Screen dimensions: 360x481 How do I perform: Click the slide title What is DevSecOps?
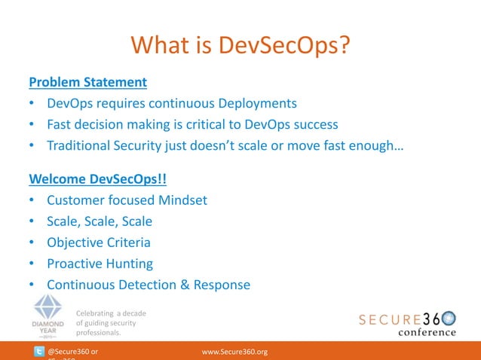(x=240, y=45)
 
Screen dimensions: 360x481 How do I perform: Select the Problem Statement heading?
(x=87, y=81)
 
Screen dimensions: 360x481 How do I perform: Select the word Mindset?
(x=181, y=201)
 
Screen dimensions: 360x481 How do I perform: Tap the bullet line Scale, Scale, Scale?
(x=100, y=222)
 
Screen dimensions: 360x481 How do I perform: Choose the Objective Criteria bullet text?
(x=98, y=243)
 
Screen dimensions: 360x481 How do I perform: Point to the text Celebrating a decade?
(x=111, y=313)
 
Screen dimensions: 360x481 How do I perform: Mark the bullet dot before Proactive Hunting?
(x=31, y=264)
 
